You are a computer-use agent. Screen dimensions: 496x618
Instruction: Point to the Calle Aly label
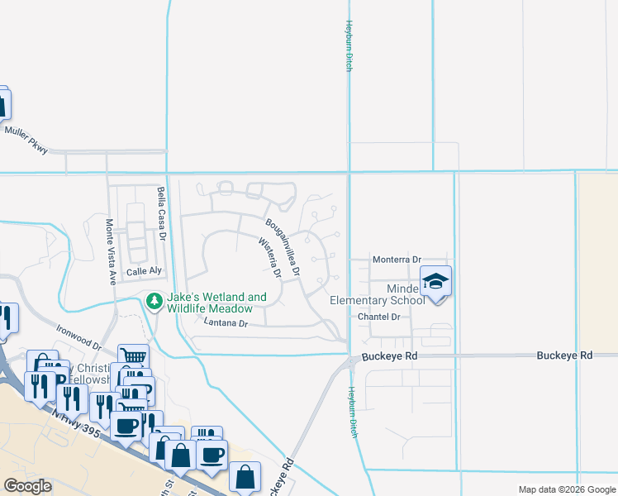coord(141,272)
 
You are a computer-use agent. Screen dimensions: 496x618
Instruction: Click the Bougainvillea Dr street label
coord(283,246)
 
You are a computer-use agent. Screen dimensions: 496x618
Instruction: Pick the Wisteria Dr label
coord(270,257)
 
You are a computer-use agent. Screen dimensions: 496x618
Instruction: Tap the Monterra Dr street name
coord(397,259)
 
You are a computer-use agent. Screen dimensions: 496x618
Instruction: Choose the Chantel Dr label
coord(379,317)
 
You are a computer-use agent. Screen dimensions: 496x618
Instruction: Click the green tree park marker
coord(153,302)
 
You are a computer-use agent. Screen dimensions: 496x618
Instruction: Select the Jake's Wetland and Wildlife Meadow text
coord(216,303)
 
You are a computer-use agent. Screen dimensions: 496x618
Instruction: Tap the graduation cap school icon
coord(435,282)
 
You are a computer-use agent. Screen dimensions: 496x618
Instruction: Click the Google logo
coord(27,486)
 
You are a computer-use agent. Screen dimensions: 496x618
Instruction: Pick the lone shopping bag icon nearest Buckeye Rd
coord(245,476)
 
